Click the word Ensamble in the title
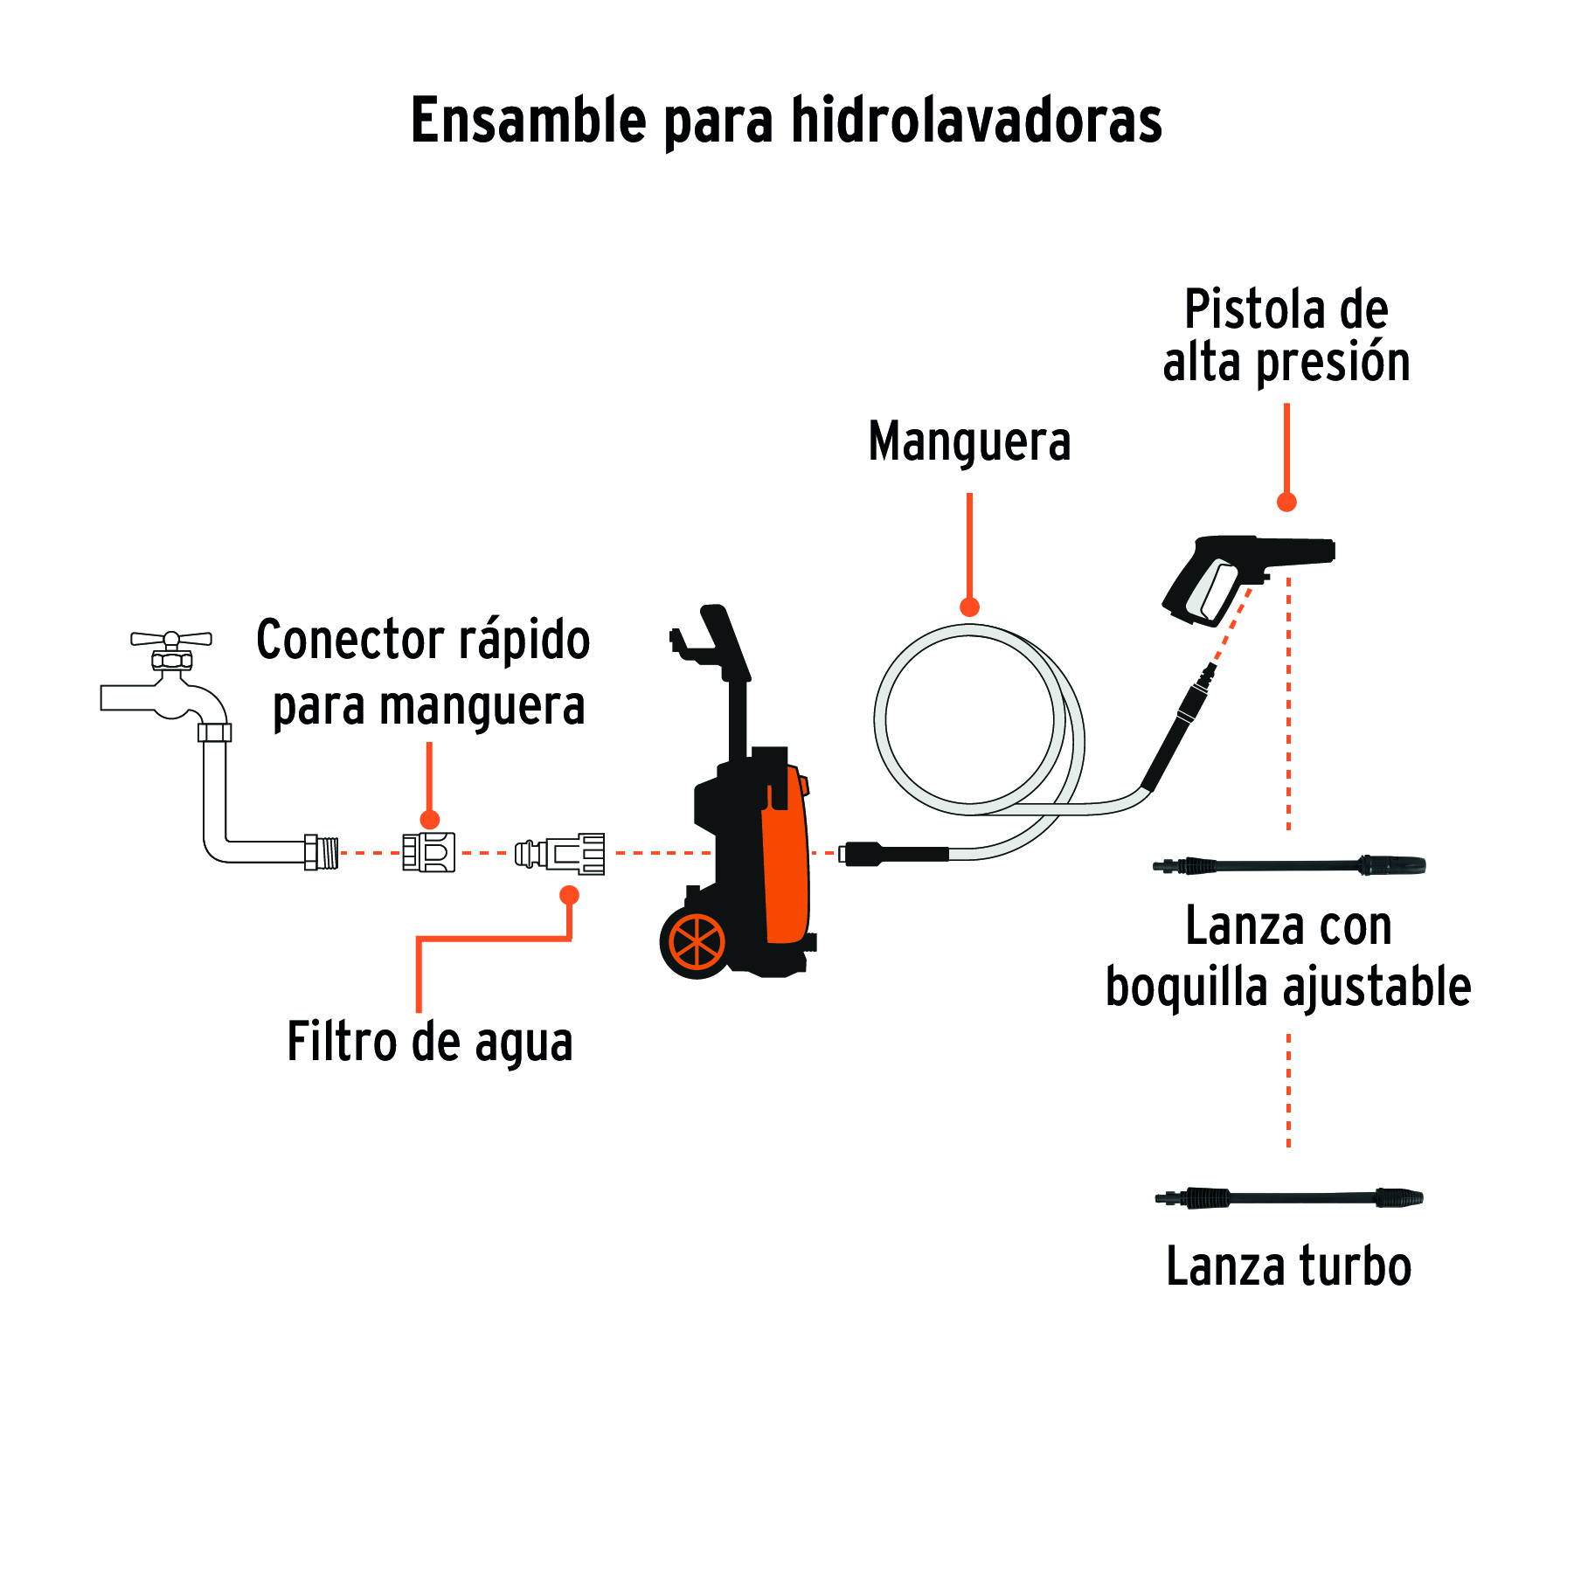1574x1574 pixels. tap(528, 121)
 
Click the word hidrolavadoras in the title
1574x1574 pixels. tap(976, 121)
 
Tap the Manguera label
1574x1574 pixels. tap(969, 441)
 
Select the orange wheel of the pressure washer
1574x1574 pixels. tap(697, 943)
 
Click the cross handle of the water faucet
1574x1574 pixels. tap(171, 639)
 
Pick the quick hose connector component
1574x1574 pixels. tap(428, 852)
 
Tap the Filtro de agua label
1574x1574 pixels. tap(430, 1042)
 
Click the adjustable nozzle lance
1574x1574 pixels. tap(1289, 866)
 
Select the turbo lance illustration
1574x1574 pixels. tap(1289, 1197)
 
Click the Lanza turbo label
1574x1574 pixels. tap(1288, 1267)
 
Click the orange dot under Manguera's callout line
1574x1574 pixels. tap(969, 607)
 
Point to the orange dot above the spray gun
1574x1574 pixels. tap(1286, 502)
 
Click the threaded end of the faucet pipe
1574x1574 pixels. tap(322, 852)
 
